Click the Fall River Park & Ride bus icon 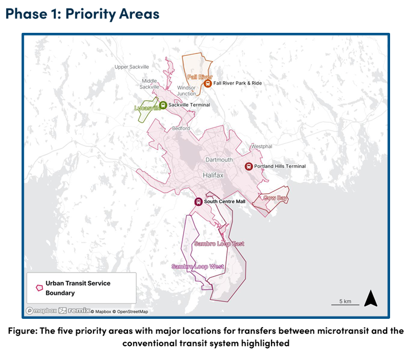[208, 83]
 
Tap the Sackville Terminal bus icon [163, 105]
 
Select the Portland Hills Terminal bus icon [249, 166]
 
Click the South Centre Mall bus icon [198, 201]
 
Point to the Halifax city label [212, 175]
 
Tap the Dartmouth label [219, 160]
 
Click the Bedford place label [181, 128]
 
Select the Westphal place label [261, 146]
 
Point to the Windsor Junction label [186, 91]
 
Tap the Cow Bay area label [275, 198]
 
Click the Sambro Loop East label [219, 244]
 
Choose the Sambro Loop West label [198, 267]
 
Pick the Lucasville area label [147, 108]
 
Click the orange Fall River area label [200, 77]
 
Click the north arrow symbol [371, 299]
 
